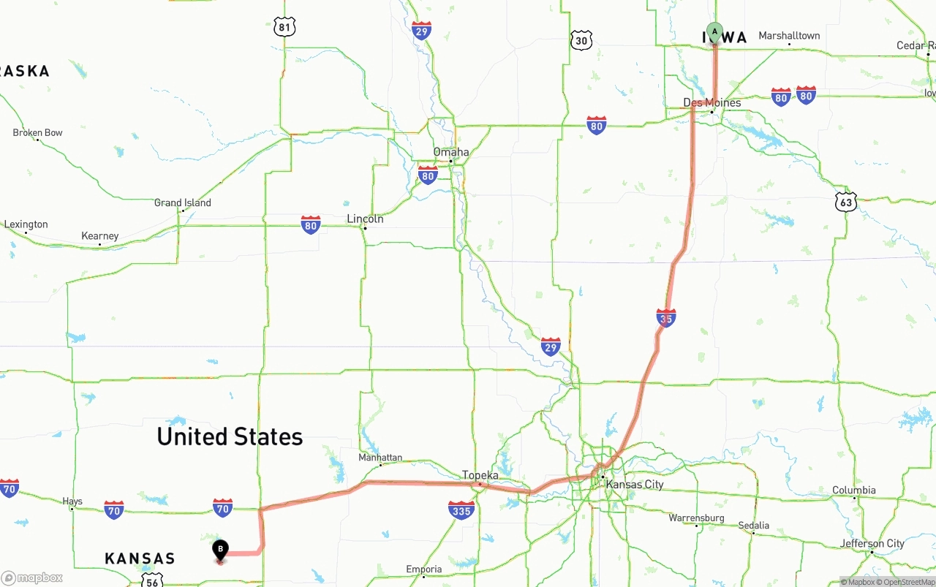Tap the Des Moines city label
pos(712,102)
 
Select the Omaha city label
pos(451,152)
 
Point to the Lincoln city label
pos(365,219)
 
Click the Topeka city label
pos(480,475)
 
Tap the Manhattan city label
pos(380,458)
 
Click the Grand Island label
pos(182,202)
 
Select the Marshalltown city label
pos(789,36)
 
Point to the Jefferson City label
pos(872,543)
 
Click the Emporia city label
pos(424,569)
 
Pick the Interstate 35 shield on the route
pos(665,318)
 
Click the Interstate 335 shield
pos(461,510)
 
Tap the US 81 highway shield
pos(285,28)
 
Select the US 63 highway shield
pos(846,202)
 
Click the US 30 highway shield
pos(581,40)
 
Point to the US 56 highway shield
pos(151,580)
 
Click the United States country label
pos(230,436)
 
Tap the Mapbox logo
pos(32,577)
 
